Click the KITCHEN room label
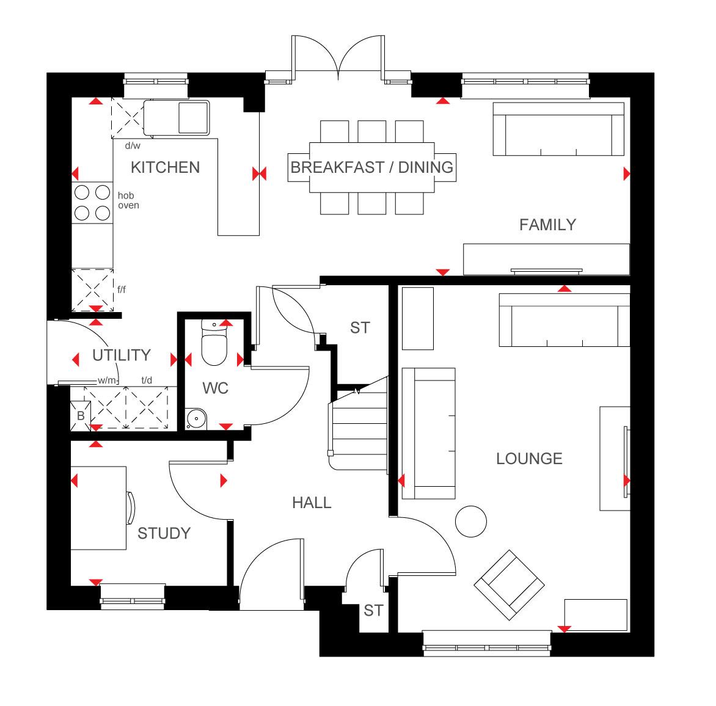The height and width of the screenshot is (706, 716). pyautogui.click(x=166, y=167)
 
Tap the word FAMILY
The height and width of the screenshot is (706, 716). pyautogui.click(x=547, y=225)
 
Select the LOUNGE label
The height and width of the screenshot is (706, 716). pyautogui.click(x=529, y=459)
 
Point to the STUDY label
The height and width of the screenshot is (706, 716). pyautogui.click(x=164, y=533)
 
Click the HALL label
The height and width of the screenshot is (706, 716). pyautogui.click(x=312, y=503)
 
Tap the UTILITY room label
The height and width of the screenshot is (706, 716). pyautogui.click(x=122, y=355)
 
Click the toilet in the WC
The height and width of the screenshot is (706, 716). pyautogui.click(x=214, y=343)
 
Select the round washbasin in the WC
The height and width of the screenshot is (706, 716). pyautogui.click(x=196, y=418)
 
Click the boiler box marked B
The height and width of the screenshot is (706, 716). pyautogui.click(x=81, y=416)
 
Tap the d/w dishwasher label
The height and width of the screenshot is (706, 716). pyautogui.click(x=133, y=145)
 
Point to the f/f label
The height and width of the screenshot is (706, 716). pyautogui.click(x=122, y=289)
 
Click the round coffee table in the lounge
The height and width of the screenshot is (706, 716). pyautogui.click(x=471, y=521)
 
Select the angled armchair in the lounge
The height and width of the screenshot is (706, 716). pyautogui.click(x=509, y=584)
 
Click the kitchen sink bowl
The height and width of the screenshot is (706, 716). pyautogui.click(x=193, y=117)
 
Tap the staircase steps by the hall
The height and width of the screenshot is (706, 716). pyautogui.click(x=359, y=424)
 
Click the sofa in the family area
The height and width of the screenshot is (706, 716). pyautogui.click(x=558, y=129)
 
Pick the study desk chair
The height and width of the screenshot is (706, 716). pyautogui.click(x=131, y=508)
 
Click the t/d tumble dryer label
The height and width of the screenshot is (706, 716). pyautogui.click(x=147, y=380)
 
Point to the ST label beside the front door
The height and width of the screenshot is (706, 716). pyautogui.click(x=373, y=611)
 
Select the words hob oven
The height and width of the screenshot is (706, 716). pyautogui.click(x=128, y=200)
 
